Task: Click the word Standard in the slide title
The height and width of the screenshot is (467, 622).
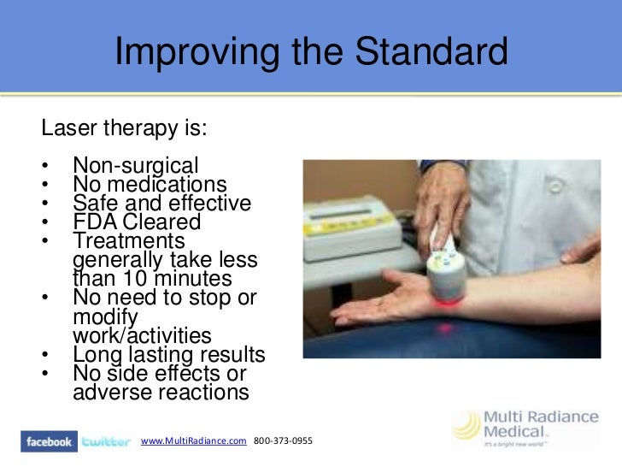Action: coord(431,50)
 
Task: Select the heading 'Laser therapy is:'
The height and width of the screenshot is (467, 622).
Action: coord(124,128)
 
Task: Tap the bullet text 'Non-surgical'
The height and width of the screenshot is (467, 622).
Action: coord(136,166)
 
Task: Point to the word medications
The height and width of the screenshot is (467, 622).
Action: coord(167,184)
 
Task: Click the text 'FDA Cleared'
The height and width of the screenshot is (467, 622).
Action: coord(137,222)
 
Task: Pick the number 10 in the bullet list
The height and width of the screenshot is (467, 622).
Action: coord(135,278)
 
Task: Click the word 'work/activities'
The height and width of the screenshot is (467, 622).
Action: coord(142,335)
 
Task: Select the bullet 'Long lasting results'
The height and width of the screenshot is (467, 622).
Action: coord(169,355)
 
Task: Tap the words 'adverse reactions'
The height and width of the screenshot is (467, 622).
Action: coord(161,392)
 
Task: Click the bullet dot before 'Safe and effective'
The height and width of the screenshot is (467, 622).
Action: coord(44,203)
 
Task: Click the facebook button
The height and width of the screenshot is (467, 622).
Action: coord(49,441)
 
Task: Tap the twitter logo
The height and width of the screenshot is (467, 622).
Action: coord(106,441)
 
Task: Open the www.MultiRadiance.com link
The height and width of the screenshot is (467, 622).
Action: coord(194,440)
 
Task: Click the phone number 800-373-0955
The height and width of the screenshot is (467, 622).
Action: coord(283,440)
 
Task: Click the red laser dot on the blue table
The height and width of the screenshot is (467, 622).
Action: coord(445,328)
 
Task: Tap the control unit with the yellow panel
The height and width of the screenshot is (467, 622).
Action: coord(351,229)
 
